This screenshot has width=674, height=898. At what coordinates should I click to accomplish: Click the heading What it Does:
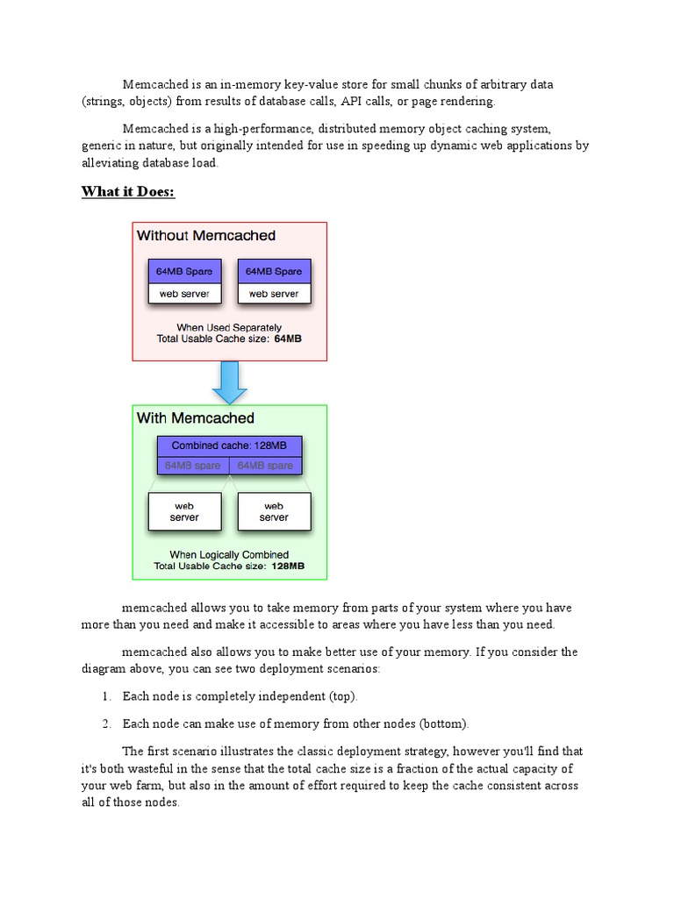coord(128,191)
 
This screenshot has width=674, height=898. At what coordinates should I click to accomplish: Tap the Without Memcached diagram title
coord(205,236)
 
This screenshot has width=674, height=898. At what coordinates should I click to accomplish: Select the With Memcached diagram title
coord(195,418)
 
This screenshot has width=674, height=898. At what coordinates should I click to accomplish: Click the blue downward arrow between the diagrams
coord(229,382)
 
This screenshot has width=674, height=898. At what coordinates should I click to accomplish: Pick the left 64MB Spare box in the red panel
coord(184,272)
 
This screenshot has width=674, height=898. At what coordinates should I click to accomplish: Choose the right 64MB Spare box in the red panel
coord(274,272)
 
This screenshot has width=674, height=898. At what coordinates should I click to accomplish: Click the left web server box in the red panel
coord(184,294)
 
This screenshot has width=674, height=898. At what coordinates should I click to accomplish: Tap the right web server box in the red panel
coord(274,294)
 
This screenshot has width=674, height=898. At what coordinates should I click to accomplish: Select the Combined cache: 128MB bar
coord(229,445)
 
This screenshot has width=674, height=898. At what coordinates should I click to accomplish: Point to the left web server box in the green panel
coord(184,511)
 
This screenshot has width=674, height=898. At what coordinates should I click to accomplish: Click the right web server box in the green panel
coord(274,511)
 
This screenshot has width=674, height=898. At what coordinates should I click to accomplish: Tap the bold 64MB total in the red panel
coord(288,338)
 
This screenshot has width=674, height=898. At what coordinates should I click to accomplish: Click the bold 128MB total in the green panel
coord(288,567)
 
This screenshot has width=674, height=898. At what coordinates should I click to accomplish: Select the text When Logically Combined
coord(229,555)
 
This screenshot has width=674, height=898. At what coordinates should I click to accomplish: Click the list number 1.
coord(105,696)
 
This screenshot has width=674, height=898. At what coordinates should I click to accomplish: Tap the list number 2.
coord(105,723)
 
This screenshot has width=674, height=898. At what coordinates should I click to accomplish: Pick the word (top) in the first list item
coord(343,696)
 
